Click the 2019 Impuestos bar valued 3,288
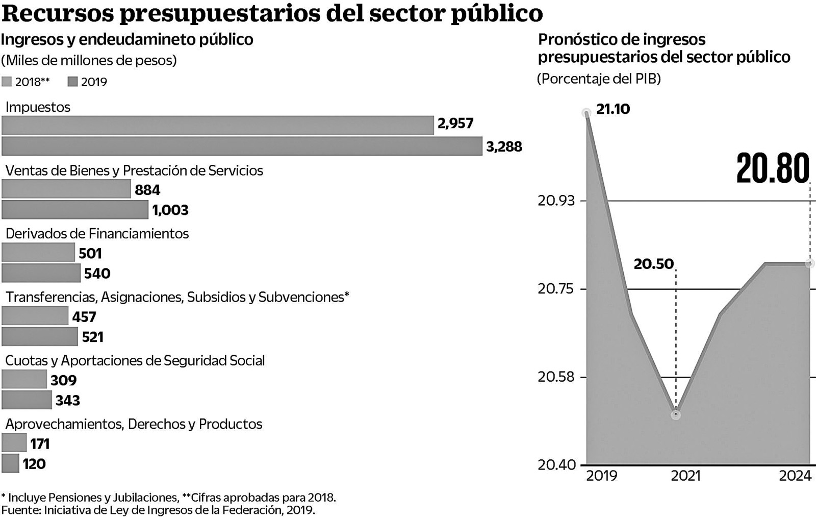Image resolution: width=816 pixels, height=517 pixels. click(x=242, y=146)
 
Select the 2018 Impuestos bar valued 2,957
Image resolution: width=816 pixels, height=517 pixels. click(x=218, y=125)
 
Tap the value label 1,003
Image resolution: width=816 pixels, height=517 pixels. click(x=170, y=210)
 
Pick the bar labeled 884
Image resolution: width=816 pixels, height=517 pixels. click(x=66, y=189)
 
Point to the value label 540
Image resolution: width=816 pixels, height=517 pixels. click(x=97, y=274)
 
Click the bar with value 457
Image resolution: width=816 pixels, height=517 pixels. click(x=35, y=316)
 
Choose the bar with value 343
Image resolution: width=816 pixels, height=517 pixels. click(x=27, y=400)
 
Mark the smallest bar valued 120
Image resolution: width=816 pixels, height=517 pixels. click(x=10, y=463)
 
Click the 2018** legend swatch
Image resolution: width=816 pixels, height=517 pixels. click(x=7, y=82)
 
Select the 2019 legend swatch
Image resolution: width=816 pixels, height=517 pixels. click(x=72, y=82)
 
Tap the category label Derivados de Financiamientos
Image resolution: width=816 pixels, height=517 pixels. click(x=97, y=234)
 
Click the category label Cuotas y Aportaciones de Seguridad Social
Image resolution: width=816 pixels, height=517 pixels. click(x=135, y=361)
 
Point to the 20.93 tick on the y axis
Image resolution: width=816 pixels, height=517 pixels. click(x=556, y=201)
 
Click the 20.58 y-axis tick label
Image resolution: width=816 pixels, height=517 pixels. click(x=556, y=377)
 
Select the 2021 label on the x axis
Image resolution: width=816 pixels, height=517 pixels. click(x=685, y=476)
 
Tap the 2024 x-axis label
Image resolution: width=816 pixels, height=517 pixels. click(x=795, y=476)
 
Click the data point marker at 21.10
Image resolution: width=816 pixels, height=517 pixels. click(x=586, y=113)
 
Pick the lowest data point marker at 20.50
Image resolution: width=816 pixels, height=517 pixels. click(x=676, y=415)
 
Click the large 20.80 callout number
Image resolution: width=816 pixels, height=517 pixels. click(x=773, y=168)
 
